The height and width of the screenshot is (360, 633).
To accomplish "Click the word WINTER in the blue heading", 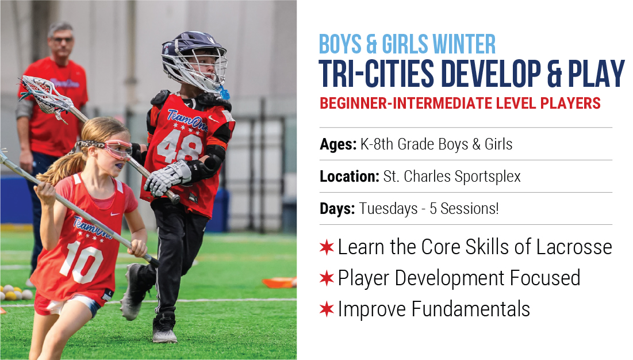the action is [x=464, y=44].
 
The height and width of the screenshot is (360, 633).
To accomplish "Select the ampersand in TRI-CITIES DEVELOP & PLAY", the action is [x=554, y=74].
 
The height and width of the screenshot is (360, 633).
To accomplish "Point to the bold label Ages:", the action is [x=338, y=144].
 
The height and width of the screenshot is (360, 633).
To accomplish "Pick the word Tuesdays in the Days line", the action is [x=388, y=209].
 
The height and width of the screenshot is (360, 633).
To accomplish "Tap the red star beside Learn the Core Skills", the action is [x=327, y=247].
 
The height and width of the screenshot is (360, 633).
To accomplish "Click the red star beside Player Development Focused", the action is [x=327, y=278].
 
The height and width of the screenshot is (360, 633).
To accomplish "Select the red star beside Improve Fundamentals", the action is [x=327, y=309].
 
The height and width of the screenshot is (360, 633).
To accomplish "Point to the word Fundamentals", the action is [x=471, y=309].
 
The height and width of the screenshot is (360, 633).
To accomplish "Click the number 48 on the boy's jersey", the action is [x=179, y=145].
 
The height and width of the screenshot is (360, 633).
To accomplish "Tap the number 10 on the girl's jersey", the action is [x=82, y=263].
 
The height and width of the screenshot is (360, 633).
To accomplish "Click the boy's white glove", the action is [x=167, y=178].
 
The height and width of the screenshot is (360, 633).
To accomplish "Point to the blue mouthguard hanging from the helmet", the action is [x=224, y=93].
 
